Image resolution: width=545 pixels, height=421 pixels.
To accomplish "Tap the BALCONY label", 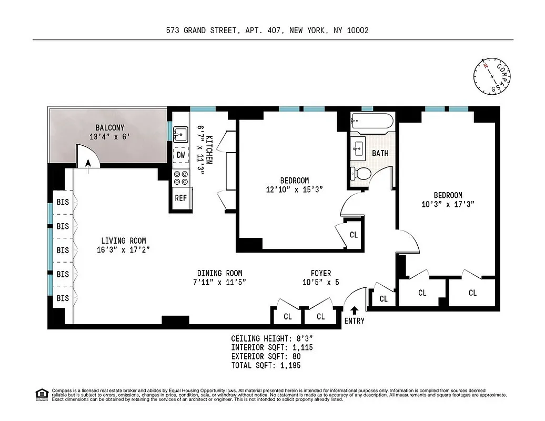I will tap(110, 127).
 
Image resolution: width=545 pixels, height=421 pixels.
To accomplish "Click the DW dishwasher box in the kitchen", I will tap(180, 155).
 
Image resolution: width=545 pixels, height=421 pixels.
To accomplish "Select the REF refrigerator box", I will tap(180, 198).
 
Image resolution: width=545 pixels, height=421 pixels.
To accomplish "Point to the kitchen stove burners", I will tap(181, 178).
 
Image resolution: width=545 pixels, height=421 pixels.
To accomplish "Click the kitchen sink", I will tap(181, 134).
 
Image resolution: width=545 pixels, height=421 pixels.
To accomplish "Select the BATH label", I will tap(380, 153).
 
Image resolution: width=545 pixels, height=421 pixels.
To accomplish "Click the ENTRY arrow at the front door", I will tap(354, 310).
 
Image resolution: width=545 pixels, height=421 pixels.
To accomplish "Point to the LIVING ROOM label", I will tap(124, 241).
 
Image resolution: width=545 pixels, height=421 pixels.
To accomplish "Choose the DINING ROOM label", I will tap(219, 273).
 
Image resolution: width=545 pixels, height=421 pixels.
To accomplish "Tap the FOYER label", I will tap(321, 273).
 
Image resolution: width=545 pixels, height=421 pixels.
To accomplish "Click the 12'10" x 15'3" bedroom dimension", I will tap(294, 189).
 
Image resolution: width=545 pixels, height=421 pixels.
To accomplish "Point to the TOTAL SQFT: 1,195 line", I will tap(266, 365).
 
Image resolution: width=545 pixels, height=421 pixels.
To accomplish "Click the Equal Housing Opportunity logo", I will tap(41, 394).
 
